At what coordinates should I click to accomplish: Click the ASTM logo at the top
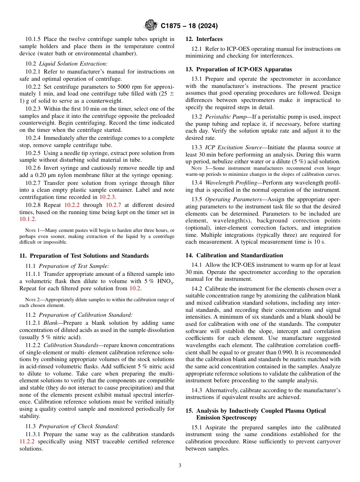click(x=151, y=26)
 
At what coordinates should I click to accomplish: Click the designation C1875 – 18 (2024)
click(x=189, y=26)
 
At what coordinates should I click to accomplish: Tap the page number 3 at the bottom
click(x=180, y=466)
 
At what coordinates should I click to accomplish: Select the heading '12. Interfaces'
click(x=204, y=39)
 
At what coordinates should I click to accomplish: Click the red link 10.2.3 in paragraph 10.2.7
click(x=107, y=197)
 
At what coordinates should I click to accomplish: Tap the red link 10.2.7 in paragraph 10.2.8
click(x=113, y=205)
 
